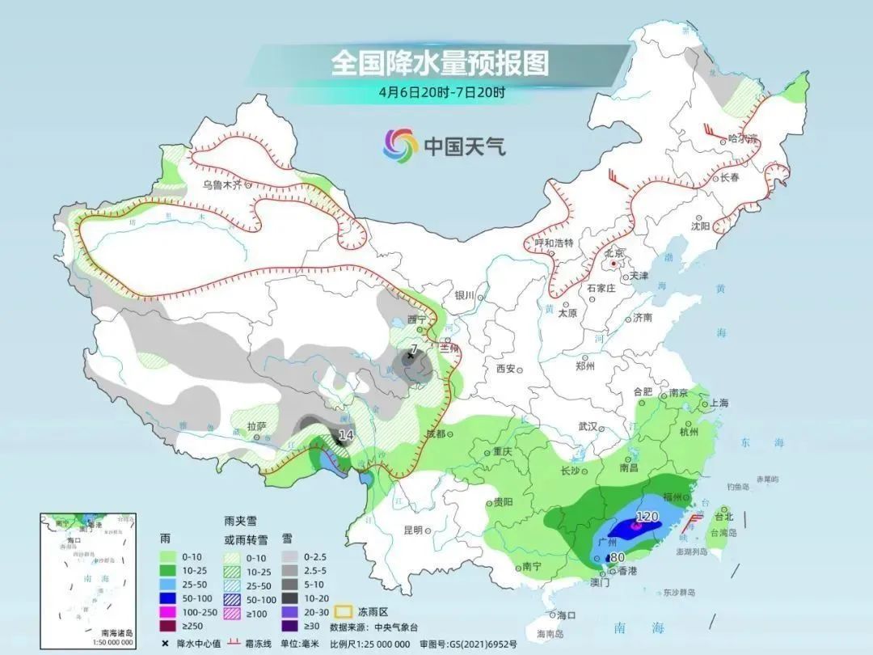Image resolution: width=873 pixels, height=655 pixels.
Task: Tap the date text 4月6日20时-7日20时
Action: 441,91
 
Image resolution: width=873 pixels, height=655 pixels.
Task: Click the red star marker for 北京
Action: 614,264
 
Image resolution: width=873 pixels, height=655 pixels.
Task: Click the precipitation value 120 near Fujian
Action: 647,516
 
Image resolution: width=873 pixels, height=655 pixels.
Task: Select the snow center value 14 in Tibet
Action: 346,435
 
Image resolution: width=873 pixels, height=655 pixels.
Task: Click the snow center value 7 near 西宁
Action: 413,349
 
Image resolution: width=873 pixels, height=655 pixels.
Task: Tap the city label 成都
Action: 436,434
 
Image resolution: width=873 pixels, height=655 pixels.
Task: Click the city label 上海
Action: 719,403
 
